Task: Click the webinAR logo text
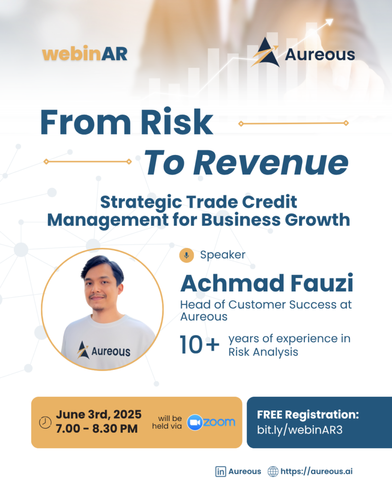[x=85, y=54]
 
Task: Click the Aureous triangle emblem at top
[x=265, y=52]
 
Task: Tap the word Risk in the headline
[x=177, y=122]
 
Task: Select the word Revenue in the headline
[x=271, y=163]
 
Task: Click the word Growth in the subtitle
[x=317, y=220]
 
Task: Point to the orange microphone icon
[x=187, y=256]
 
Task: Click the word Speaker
[x=223, y=255]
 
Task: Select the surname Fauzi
[x=322, y=283]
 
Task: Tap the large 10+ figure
[x=200, y=345]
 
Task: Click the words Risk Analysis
[x=263, y=352]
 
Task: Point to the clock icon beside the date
[x=45, y=423]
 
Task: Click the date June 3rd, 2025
[x=99, y=414]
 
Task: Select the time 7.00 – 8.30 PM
[x=97, y=428]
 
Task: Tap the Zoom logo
[x=211, y=423]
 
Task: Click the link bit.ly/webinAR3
[x=300, y=430]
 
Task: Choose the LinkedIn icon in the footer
[x=221, y=471]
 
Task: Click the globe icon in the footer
[x=273, y=471]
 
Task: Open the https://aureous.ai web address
[x=316, y=471]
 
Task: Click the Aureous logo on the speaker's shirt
[x=103, y=350]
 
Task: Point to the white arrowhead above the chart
[x=329, y=22]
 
